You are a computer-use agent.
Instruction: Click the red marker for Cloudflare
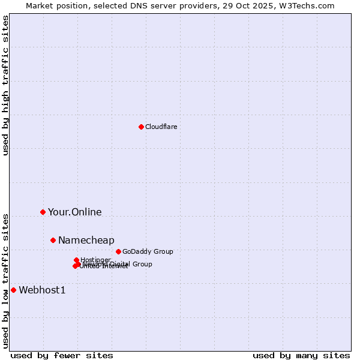[141, 127]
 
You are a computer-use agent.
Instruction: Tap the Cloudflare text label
[161, 127]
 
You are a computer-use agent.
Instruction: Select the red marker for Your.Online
[43, 212]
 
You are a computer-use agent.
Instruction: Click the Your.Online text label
[74, 212]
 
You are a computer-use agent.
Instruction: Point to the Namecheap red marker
[53, 240]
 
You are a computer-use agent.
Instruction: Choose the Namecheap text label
[86, 241]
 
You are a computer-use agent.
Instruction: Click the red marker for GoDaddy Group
[118, 251]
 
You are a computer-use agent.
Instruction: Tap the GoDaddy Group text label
[148, 251]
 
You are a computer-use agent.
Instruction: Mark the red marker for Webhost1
[13, 290]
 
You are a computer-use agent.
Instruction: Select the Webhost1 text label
[42, 290]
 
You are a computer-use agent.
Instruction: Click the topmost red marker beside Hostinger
[76, 260]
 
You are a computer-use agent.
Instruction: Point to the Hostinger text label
[95, 259]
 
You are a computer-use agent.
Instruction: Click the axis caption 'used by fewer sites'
[62, 355]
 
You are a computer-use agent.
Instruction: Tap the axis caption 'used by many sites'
[301, 355]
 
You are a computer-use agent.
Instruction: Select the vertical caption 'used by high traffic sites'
[6, 85]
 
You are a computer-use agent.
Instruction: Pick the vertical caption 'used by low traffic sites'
[6, 280]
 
